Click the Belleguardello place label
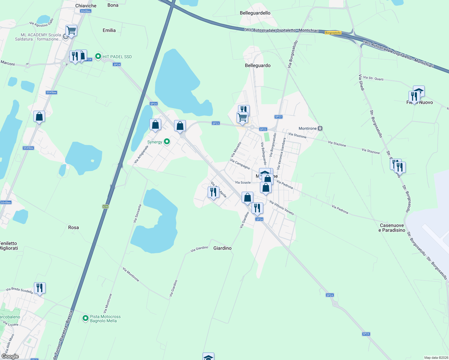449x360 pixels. [x=255, y=13]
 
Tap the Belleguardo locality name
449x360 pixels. [x=258, y=65]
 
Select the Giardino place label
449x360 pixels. [x=222, y=248]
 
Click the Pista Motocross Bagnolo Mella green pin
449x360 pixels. [x=86, y=318]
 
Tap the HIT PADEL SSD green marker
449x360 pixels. [x=98, y=56]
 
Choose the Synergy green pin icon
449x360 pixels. [x=167, y=142]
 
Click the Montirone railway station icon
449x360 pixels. [x=320, y=128]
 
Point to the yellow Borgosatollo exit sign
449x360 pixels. [x=333, y=33]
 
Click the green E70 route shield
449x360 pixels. [x=105, y=207]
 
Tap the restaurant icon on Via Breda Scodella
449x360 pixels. [x=40, y=288]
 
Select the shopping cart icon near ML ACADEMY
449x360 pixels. [x=71, y=30]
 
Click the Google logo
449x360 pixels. [x=10, y=356]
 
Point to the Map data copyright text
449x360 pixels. [x=435, y=358]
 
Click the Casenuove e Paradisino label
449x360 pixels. [x=392, y=228]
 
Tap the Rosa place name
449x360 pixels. [x=73, y=227]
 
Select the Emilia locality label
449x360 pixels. [x=109, y=30]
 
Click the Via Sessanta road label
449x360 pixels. [x=137, y=213]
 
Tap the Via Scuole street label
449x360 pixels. [x=243, y=182]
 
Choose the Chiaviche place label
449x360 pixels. [x=86, y=6]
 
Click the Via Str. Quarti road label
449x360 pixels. [x=373, y=78]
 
